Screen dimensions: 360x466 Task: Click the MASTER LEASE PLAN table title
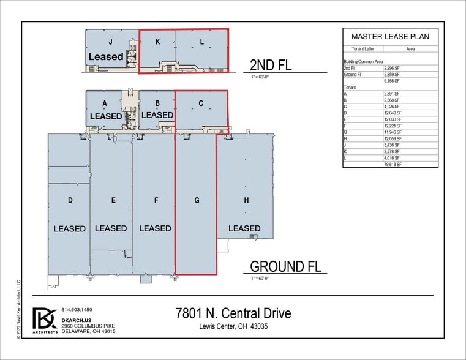pos(389,36)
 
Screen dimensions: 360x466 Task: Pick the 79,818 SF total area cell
pos(393,164)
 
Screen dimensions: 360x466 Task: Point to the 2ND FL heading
pos(270,66)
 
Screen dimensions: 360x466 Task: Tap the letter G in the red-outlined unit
pos(197,200)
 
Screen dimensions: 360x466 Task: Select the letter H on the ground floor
pos(246,200)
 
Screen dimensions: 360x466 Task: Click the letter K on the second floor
pos(157,42)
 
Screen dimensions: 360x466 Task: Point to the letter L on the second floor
pos(201,42)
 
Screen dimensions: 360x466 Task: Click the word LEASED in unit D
pos(69,228)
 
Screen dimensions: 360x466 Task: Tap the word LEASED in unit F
pos(155,228)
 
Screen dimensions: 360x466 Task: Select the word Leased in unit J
pos(106,56)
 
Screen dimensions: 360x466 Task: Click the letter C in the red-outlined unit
pos(201,103)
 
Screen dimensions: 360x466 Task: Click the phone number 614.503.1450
pos(77,310)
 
